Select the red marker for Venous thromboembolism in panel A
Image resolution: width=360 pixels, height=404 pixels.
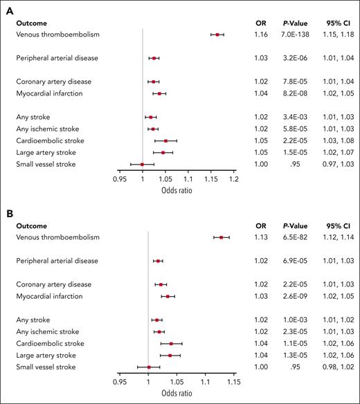[217, 34]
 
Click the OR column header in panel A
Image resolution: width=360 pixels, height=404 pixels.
[261, 22]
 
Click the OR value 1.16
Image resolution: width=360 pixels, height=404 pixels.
[261, 34]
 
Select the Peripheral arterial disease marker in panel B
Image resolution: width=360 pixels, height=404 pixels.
[159, 261]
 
